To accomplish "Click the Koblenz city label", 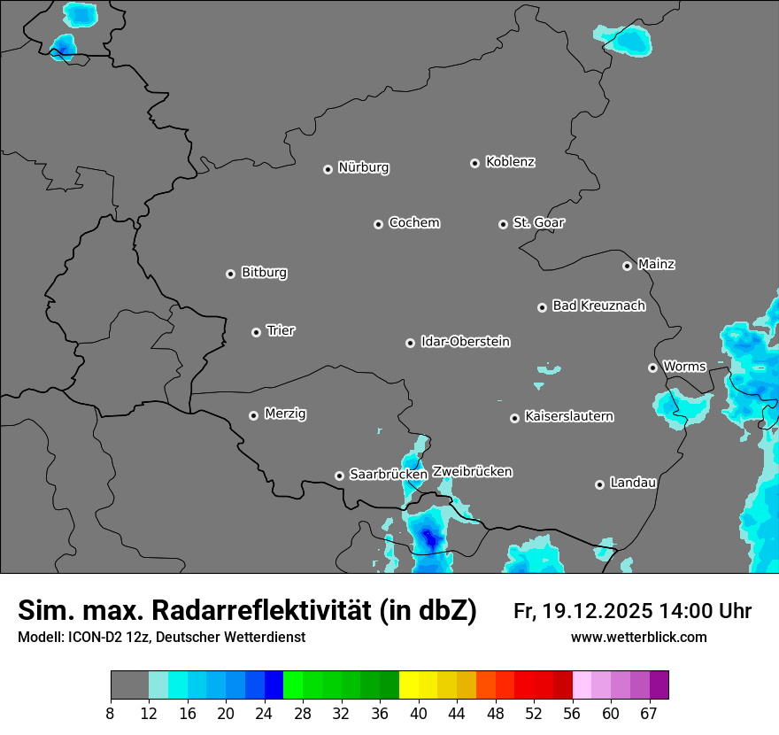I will (510, 162).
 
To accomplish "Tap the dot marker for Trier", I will (257, 332).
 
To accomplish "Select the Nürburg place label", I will (363, 167).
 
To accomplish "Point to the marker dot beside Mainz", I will (627, 266).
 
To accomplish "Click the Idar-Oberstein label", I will (465, 342).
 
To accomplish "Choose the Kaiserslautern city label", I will (568, 416).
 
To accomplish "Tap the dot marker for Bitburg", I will (230, 274).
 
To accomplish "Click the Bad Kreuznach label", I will (598, 306).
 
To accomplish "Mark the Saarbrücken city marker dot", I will (339, 476).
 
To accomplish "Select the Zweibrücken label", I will (472, 472).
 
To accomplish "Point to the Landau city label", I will (633, 483).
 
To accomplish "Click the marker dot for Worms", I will (652, 367).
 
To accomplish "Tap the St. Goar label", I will (538, 222).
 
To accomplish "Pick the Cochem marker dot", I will (378, 224).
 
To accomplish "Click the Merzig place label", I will (285, 414).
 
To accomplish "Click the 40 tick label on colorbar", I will (418, 714).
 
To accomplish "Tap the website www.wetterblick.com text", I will (638, 638).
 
